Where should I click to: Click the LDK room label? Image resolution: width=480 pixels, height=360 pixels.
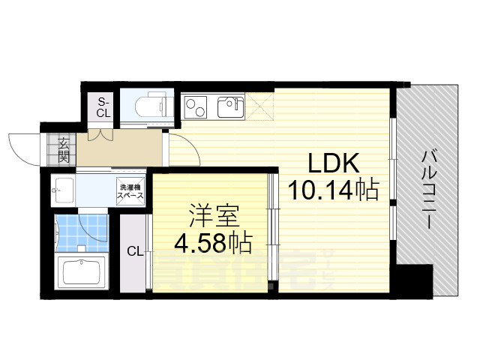coord(333,163)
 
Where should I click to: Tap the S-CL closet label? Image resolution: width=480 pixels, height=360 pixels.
coord(103,108)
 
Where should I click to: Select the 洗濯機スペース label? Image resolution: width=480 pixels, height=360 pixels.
coord(128,190)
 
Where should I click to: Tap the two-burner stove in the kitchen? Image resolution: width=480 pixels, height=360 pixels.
coord(197,108)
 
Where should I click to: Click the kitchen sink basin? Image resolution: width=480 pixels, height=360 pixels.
coord(229,108)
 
